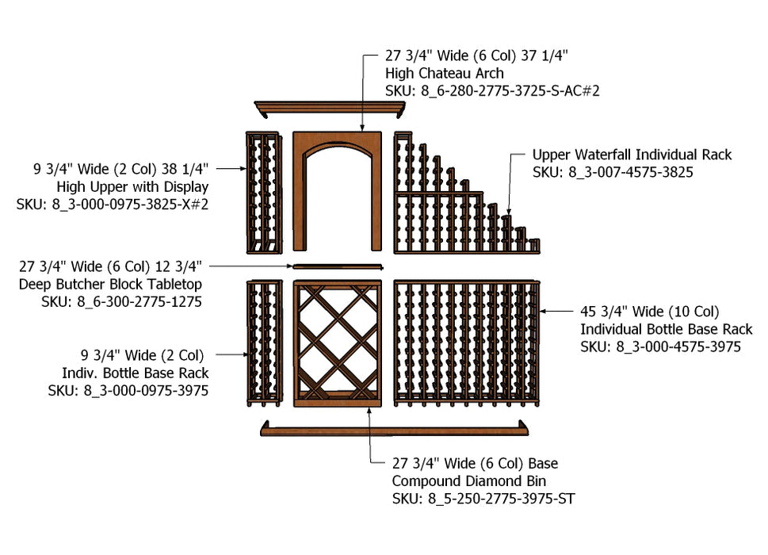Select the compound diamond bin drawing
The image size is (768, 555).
[338, 343]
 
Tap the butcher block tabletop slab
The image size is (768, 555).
[338, 266]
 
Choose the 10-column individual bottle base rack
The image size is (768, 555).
[466, 343]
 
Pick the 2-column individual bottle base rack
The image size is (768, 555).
[263, 343]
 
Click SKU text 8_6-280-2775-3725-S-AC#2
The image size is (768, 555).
[492, 91]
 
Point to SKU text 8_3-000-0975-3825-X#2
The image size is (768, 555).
[113, 204]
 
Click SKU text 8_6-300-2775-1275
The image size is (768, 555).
[122, 301]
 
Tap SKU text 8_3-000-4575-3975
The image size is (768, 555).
[660, 346]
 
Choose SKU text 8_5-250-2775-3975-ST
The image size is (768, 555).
[483, 499]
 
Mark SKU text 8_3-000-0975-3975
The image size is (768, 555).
[128, 390]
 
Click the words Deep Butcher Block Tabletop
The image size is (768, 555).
[111, 284]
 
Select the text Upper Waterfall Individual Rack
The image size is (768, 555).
[632, 155]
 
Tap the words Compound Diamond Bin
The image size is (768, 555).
[469, 481]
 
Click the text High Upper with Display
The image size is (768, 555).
[132, 187]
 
